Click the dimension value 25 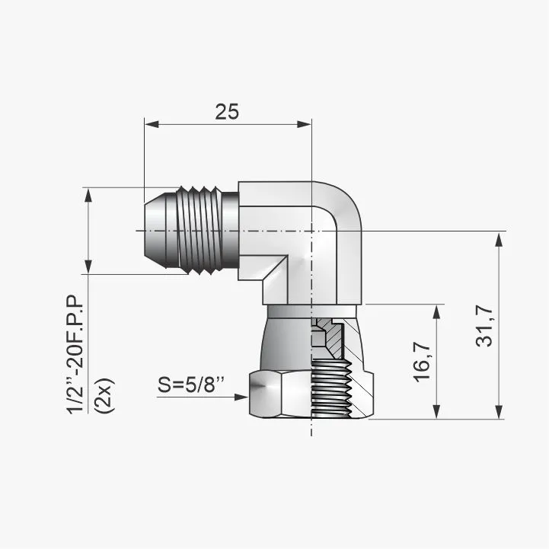point(227,111)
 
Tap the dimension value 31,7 point(484,326)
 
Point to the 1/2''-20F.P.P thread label point(75,354)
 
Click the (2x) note point(105,395)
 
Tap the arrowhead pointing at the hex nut point(241,397)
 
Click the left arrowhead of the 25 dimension point(152,124)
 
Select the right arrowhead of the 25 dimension point(304,124)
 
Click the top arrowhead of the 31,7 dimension point(500,240)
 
